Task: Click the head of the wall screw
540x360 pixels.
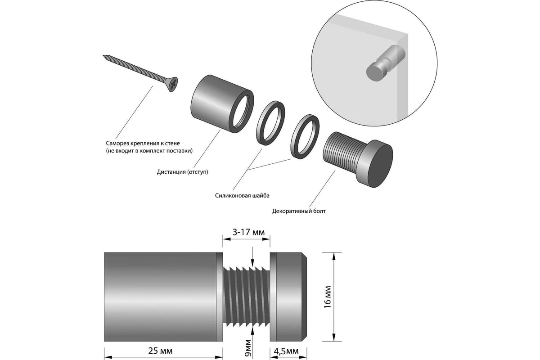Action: coord(172,84)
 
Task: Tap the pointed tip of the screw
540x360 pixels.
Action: coord(104,56)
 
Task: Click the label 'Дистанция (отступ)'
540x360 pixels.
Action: coord(183,171)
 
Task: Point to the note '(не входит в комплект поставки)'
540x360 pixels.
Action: coord(147,151)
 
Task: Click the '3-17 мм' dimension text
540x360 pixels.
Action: coord(246,232)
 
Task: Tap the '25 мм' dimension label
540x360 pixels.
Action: coord(163,350)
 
